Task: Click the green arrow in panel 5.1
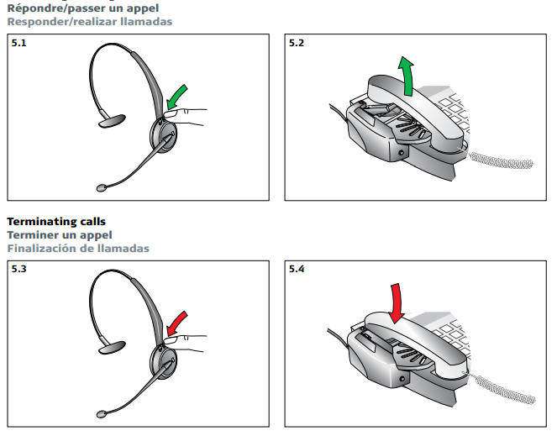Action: [x=176, y=97]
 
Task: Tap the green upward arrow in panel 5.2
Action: [x=407, y=77]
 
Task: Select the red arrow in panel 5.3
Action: [x=176, y=323]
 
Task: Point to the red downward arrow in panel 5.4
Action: [x=397, y=303]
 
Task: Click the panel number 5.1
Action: [x=18, y=43]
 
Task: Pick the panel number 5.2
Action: [x=297, y=43]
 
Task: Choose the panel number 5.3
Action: [x=18, y=269]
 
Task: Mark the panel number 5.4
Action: [x=297, y=269]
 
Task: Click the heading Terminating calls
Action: [x=56, y=222]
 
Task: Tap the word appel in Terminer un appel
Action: [x=96, y=235]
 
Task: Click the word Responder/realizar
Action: [x=62, y=22]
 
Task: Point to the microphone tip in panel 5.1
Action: [x=102, y=188]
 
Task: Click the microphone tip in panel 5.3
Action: [x=102, y=414]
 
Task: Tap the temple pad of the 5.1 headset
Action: [x=112, y=121]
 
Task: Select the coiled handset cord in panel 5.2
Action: [x=501, y=161]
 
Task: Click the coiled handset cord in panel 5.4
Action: [x=504, y=389]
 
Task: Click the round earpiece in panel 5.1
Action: [x=164, y=136]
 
